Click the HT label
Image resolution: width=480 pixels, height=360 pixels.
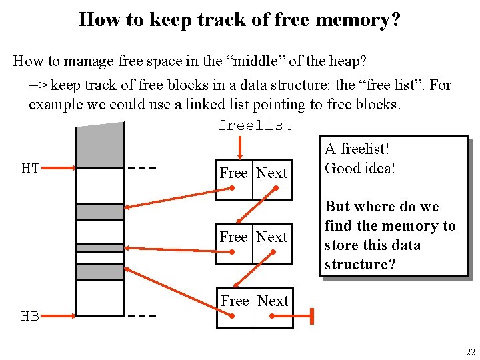[31, 169]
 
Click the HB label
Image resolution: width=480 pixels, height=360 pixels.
[30, 317]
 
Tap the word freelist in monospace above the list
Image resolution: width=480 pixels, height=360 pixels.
[255, 126]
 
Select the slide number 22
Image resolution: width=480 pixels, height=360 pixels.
[471, 352]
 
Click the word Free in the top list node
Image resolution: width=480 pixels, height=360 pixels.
[233, 173]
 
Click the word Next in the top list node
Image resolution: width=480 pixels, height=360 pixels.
[272, 173]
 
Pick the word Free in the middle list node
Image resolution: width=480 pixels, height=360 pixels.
[233, 237]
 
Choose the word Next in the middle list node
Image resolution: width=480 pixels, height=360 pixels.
[272, 237]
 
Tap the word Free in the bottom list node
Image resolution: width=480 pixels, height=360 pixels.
[235, 301]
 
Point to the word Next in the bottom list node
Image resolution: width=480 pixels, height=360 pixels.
[273, 301]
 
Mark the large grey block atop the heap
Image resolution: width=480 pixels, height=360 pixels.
[99, 143]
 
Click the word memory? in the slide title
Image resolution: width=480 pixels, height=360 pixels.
[359, 20]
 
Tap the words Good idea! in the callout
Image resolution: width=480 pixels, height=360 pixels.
[360, 169]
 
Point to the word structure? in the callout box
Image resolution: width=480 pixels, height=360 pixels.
[360, 265]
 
